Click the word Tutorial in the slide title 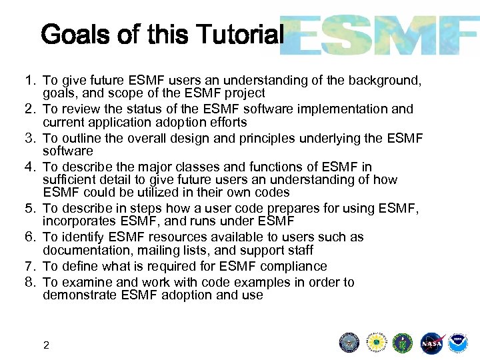tap(239, 34)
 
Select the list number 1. tap(29, 81)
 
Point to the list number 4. tap(29, 167)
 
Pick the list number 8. tap(29, 282)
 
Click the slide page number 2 tap(46, 345)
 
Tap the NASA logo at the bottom tap(432, 343)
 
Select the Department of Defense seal tap(349, 343)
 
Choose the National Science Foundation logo tap(376, 343)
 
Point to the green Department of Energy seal tap(403, 343)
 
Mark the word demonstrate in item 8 tap(79, 295)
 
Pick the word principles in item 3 tap(287, 138)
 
